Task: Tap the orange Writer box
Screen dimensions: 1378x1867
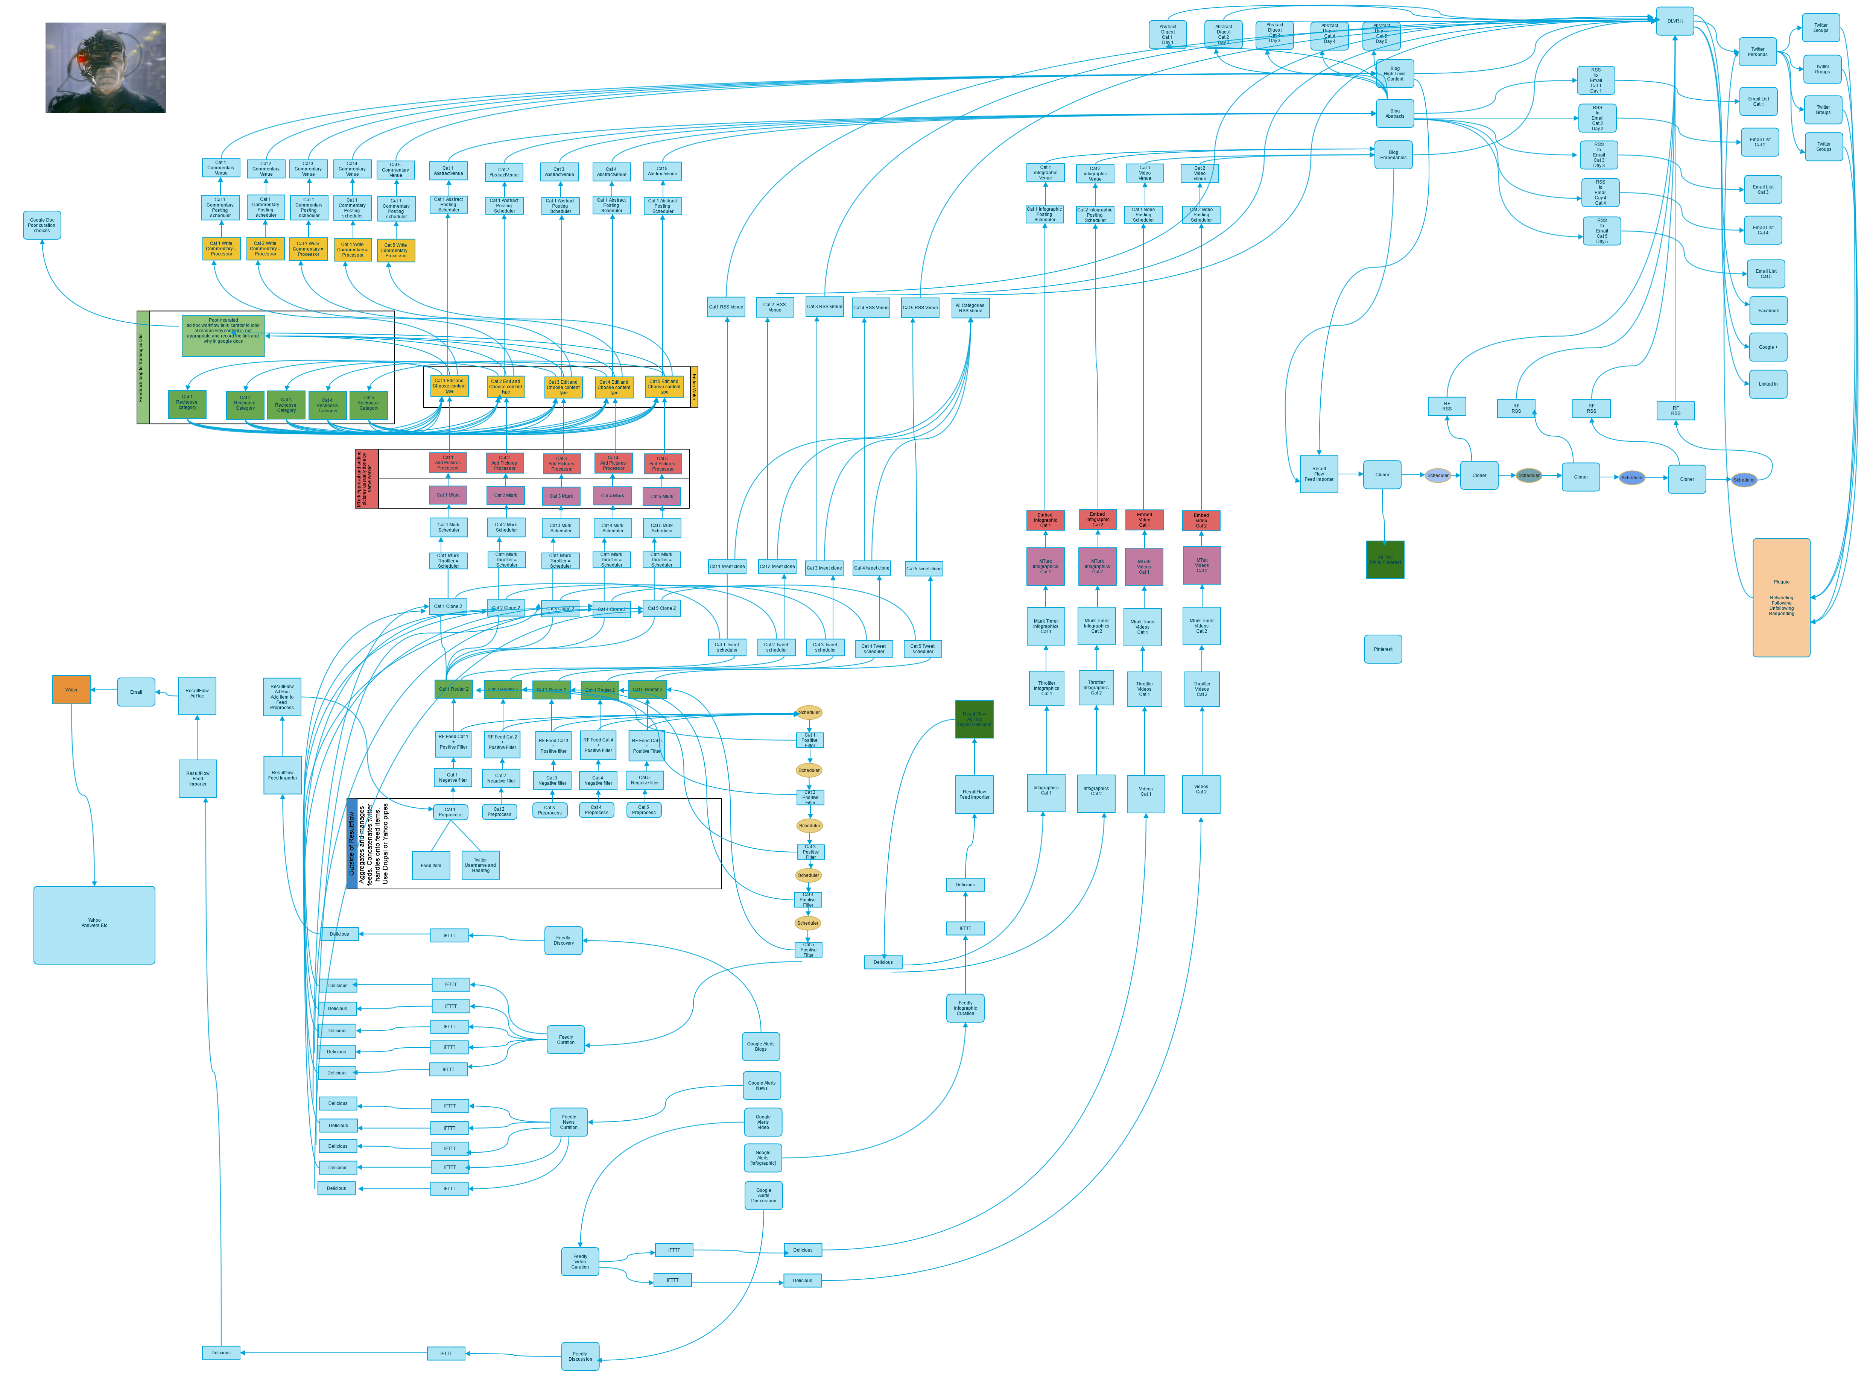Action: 72,690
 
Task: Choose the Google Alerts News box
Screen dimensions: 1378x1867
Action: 762,1085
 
